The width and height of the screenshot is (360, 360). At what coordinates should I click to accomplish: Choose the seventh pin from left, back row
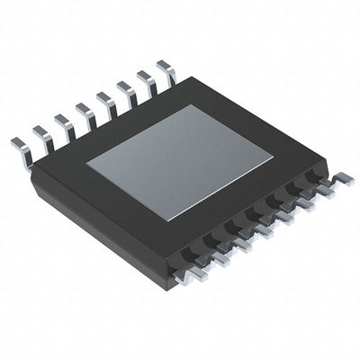(x=145, y=79)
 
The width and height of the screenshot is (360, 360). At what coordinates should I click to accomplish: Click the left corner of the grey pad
(x=87, y=164)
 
